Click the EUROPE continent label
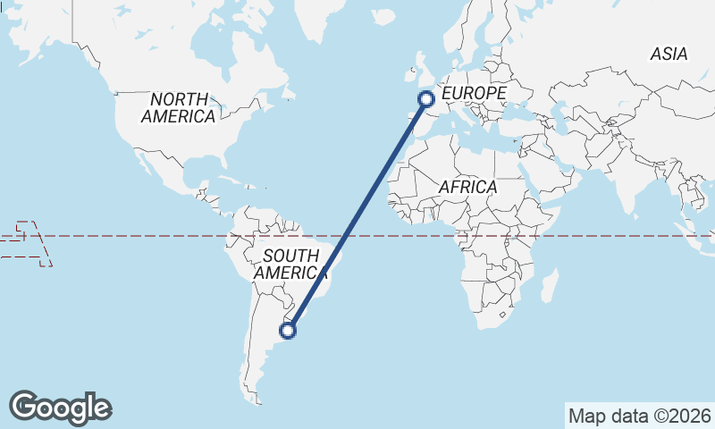(x=474, y=93)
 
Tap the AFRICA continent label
(x=467, y=187)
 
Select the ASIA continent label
(x=669, y=55)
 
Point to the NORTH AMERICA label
(x=179, y=107)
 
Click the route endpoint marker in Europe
(x=426, y=99)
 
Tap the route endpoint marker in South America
(x=288, y=331)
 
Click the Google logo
(x=61, y=408)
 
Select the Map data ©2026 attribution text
(x=640, y=416)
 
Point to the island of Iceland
(x=384, y=16)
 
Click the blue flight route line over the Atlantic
(x=357, y=214)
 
